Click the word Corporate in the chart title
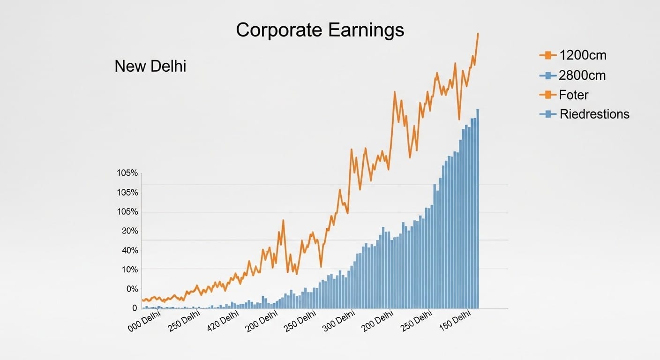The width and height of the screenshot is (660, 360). tap(279, 30)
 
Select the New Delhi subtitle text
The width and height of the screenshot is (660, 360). tap(150, 67)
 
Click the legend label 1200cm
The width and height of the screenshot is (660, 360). tap(583, 55)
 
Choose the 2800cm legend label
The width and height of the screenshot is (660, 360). tap(583, 75)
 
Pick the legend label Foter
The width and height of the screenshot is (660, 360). tap(574, 95)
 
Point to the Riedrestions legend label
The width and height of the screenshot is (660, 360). tap(594, 114)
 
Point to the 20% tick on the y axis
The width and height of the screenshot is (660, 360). tap(130, 231)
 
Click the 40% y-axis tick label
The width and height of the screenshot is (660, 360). tap(130, 250)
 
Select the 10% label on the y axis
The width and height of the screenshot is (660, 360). tap(130, 270)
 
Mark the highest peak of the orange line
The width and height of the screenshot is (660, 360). tap(478, 33)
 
